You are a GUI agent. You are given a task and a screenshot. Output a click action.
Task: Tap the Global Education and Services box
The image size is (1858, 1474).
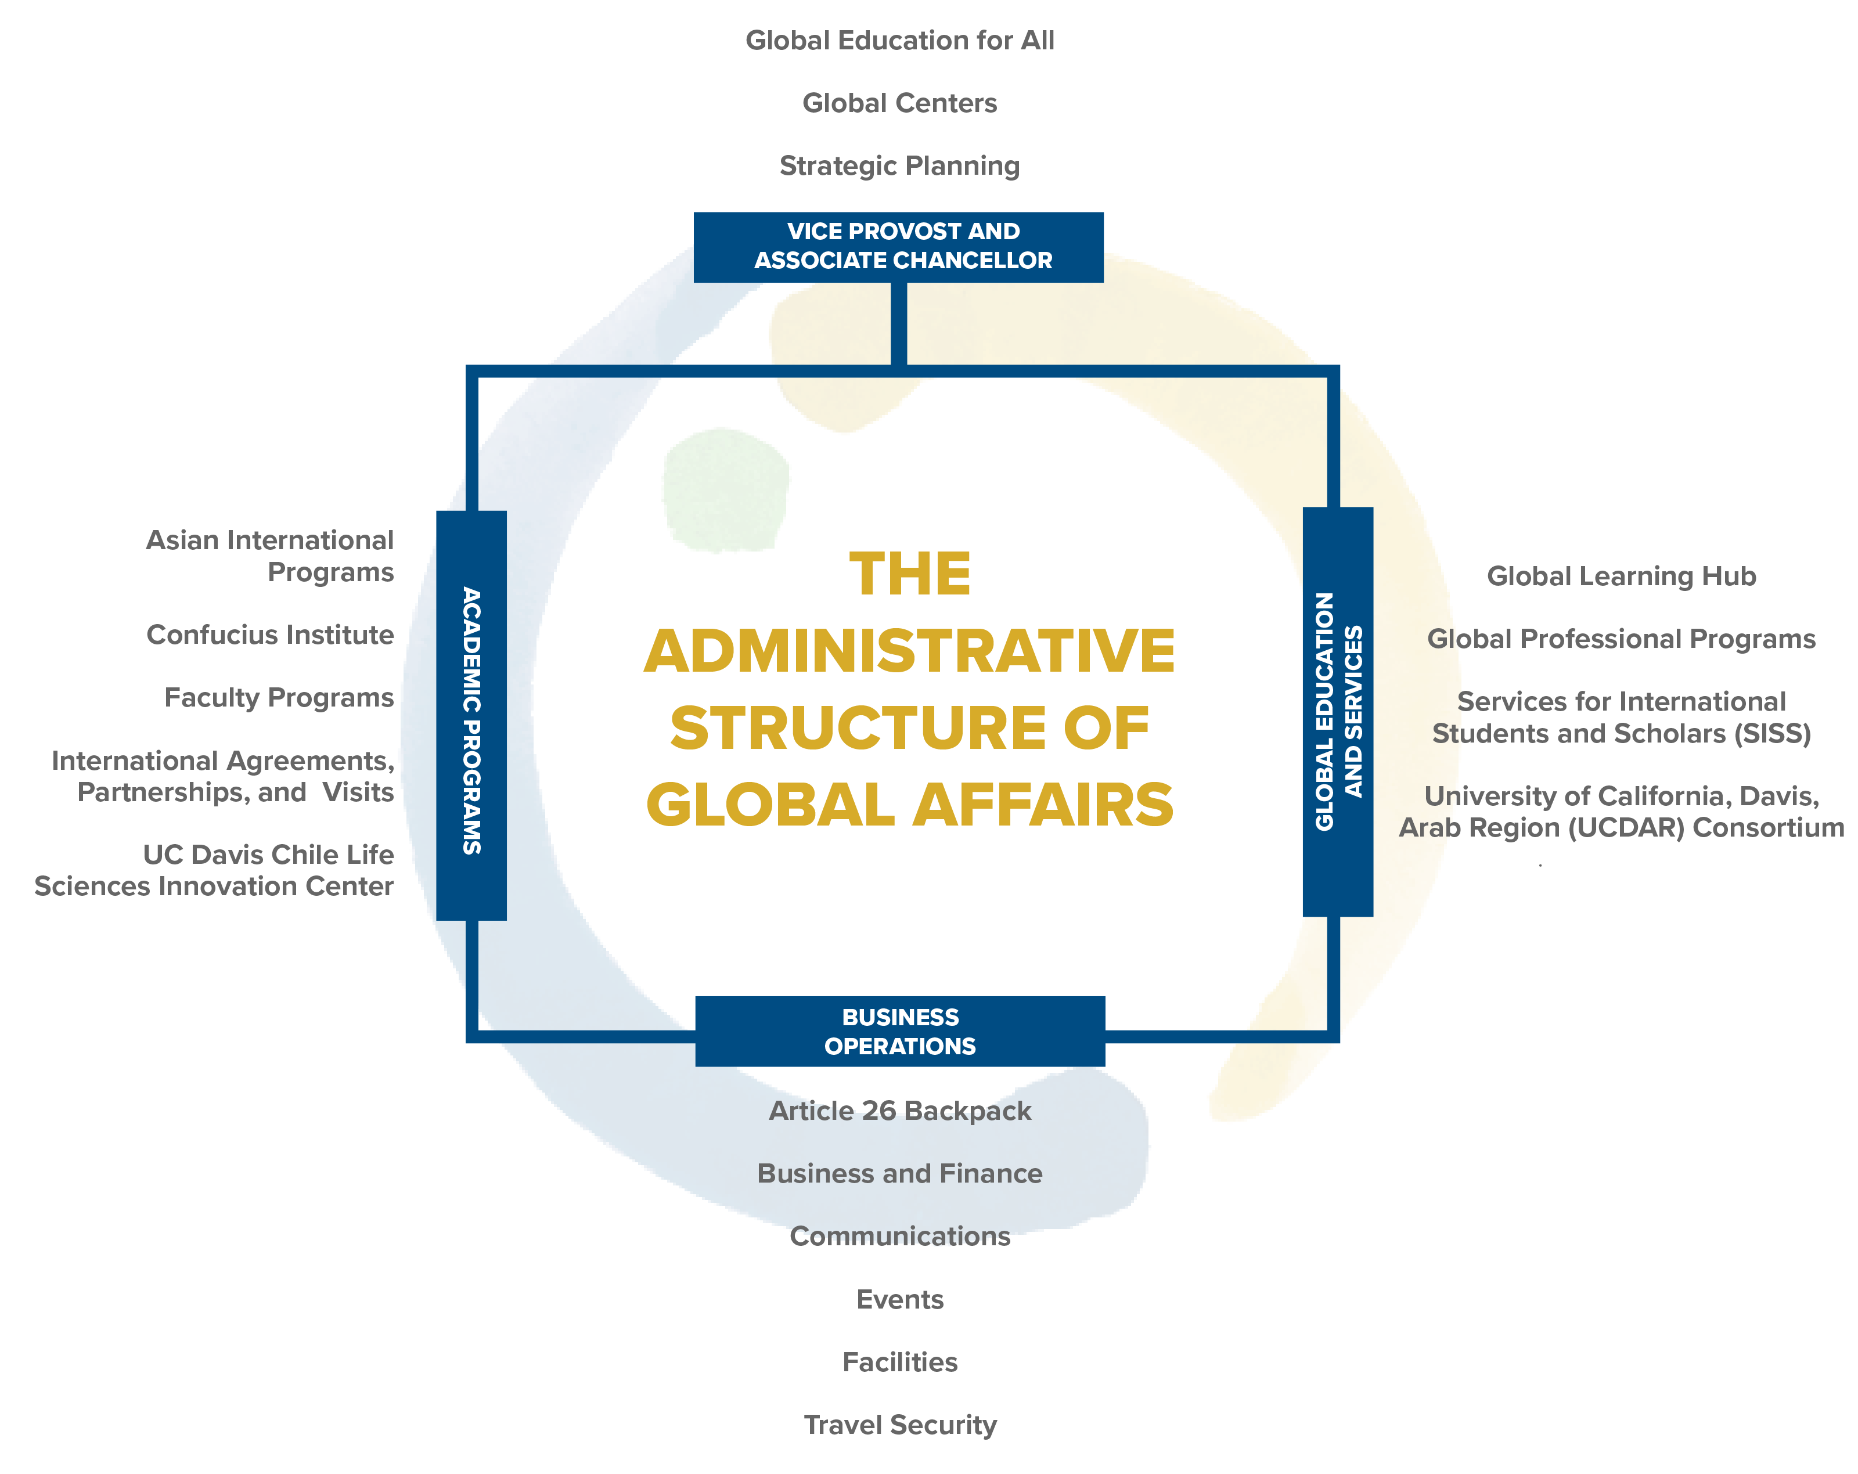pos(1338,712)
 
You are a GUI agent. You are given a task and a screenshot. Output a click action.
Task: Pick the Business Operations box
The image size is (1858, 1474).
pos(900,1031)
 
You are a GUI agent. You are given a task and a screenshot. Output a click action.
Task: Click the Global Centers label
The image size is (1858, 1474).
pos(899,103)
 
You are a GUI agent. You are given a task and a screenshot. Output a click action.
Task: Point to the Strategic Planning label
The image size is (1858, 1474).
pos(899,165)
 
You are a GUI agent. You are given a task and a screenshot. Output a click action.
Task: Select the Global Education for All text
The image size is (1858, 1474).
pos(899,41)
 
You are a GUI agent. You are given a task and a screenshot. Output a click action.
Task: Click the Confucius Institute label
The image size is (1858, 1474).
pos(270,635)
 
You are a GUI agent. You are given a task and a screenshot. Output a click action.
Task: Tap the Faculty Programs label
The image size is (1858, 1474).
pos(278,698)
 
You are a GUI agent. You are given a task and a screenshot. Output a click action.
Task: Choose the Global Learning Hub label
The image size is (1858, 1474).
pos(1621,576)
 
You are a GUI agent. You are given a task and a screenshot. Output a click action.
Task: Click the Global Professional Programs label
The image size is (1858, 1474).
pos(1621,639)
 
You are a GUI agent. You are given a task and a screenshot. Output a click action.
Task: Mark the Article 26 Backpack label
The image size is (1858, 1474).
pos(900,1111)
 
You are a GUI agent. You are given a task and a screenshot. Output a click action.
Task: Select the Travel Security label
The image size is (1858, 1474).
pos(900,1425)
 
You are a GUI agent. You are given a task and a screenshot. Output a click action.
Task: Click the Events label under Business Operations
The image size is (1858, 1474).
pos(900,1299)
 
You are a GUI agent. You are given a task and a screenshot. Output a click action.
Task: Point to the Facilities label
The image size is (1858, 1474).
pos(900,1362)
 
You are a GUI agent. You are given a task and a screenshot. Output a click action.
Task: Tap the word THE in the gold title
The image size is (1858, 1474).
pos(910,575)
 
